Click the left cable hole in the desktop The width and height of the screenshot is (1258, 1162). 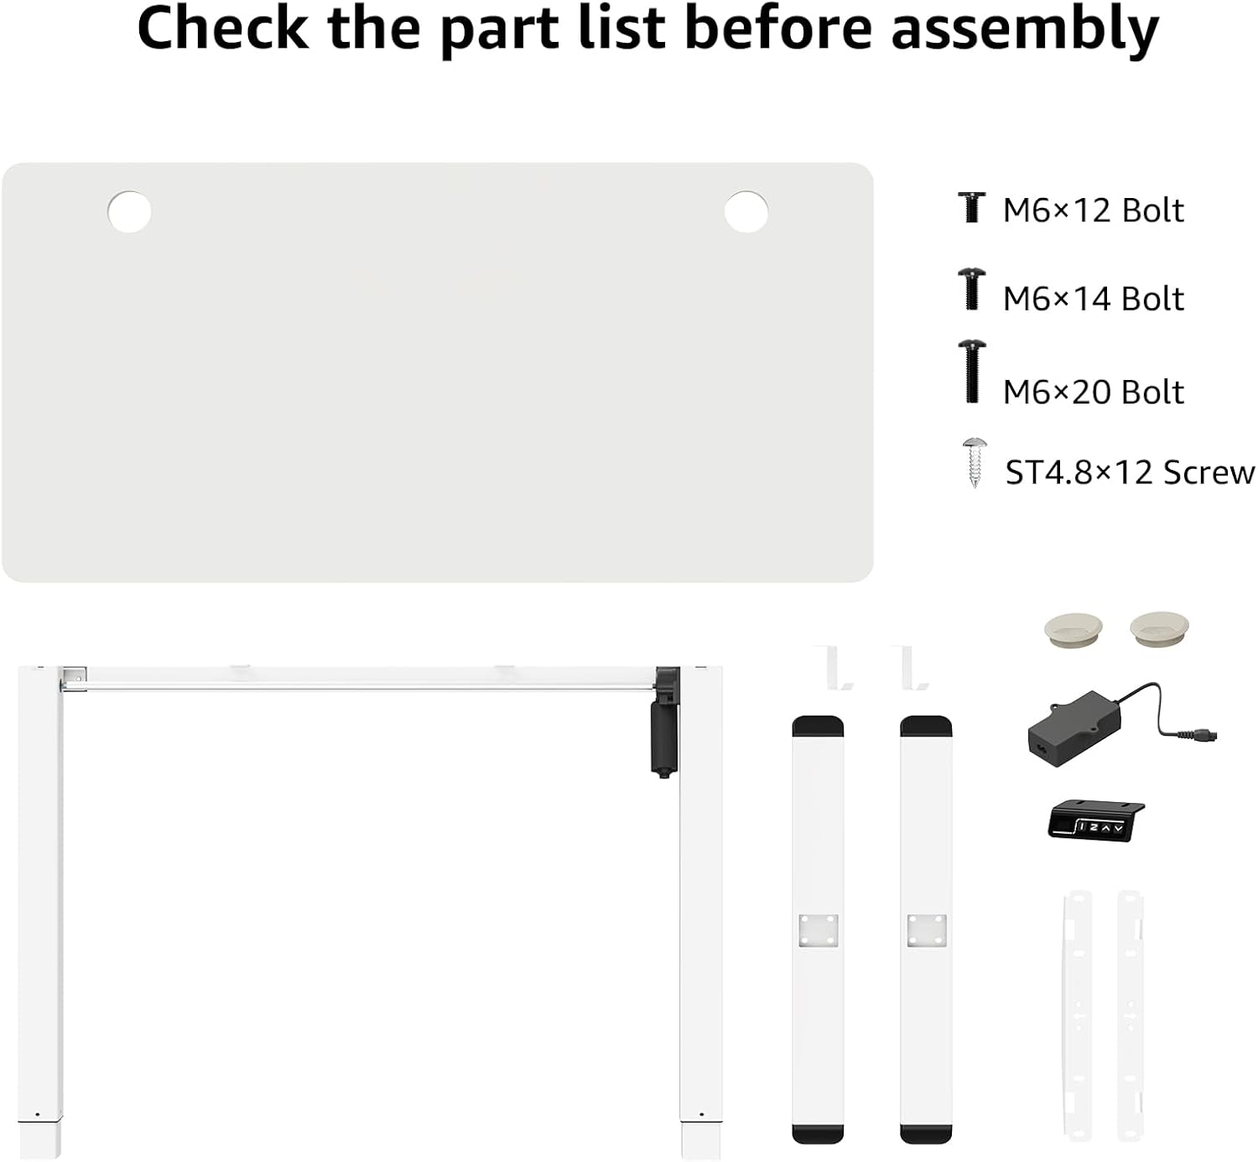coord(129,211)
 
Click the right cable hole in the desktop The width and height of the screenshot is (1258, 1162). coord(746,211)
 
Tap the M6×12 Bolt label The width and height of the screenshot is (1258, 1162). coord(1094,211)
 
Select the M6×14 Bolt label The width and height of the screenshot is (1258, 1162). coord(1094,299)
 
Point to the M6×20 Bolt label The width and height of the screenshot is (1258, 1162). coord(1094,392)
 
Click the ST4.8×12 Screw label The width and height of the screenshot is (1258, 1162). coord(1130,472)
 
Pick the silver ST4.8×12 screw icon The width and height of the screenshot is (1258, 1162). coord(975,463)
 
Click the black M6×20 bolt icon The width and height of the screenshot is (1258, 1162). coord(972,372)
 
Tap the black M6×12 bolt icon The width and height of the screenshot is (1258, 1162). coord(972,207)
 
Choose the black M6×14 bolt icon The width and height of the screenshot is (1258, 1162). coord(972,289)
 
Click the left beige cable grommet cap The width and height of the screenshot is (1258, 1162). coord(1073,629)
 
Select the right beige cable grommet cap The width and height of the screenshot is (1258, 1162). coord(1159,628)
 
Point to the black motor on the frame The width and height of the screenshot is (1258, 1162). coord(665,722)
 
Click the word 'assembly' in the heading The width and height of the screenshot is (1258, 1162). coord(1025,29)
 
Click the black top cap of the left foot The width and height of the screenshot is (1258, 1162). coord(818,727)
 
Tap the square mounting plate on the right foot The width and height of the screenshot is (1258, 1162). coord(927,930)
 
